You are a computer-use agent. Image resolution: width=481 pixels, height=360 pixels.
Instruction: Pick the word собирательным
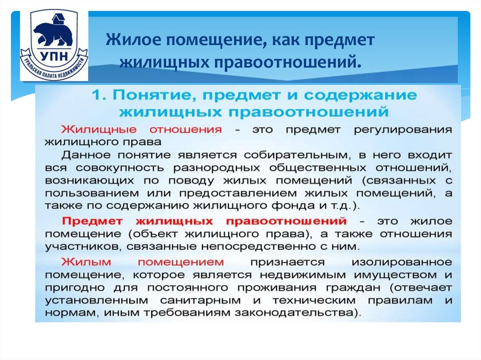pos(291,154)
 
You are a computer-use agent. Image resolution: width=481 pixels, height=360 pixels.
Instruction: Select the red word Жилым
pos(85,261)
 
